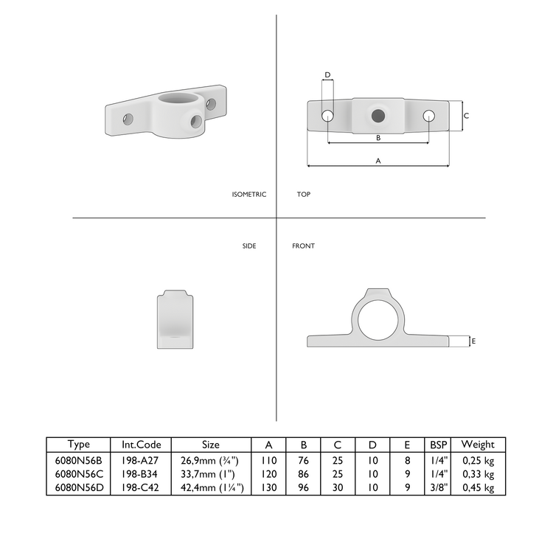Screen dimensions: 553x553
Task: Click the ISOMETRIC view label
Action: [x=248, y=195]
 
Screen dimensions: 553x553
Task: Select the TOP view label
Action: [x=304, y=195]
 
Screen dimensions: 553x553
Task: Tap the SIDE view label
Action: [x=249, y=246]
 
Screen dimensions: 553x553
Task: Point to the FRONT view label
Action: [x=303, y=246]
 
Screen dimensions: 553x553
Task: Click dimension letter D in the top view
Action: [x=327, y=74]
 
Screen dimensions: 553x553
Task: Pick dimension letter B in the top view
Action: [x=378, y=138]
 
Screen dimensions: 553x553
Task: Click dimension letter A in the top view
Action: [x=378, y=160]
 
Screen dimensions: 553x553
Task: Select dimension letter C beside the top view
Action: [x=466, y=116]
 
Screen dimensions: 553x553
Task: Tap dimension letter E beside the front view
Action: [x=473, y=341]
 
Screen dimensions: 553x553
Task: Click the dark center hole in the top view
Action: [x=378, y=116]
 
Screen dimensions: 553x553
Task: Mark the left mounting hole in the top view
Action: [x=328, y=116]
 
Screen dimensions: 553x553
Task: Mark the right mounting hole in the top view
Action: [x=428, y=116]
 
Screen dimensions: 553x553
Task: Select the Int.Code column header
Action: [x=141, y=445]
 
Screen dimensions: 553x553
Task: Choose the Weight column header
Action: [x=478, y=445]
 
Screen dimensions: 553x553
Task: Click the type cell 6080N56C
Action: [x=78, y=473]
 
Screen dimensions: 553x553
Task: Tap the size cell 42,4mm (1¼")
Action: [x=211, y=487]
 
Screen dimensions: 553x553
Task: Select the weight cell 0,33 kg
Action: [x=478, y=473]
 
